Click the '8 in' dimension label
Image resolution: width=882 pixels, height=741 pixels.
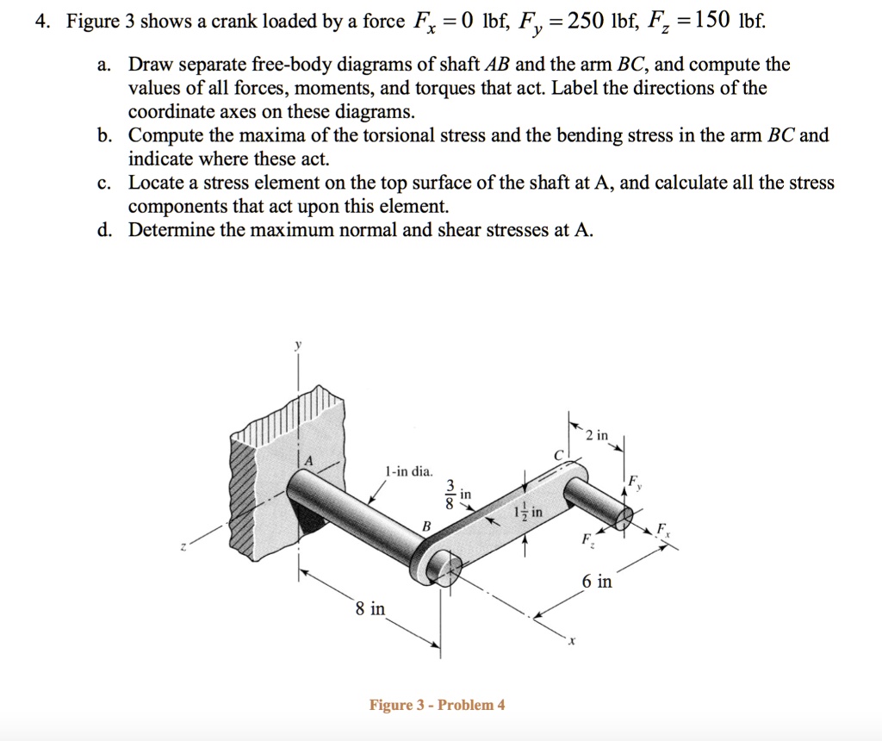370,609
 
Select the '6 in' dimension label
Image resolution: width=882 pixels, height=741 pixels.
597,582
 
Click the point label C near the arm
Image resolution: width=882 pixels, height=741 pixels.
556,454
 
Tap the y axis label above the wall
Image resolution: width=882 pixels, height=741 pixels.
299,344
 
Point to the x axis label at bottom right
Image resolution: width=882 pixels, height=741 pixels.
569,642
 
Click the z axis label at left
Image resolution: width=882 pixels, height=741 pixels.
183,544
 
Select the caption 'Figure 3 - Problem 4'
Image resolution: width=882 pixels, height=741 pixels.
437,705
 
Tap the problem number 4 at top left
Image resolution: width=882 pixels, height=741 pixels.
39,22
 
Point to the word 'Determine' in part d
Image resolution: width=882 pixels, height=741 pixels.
171,230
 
